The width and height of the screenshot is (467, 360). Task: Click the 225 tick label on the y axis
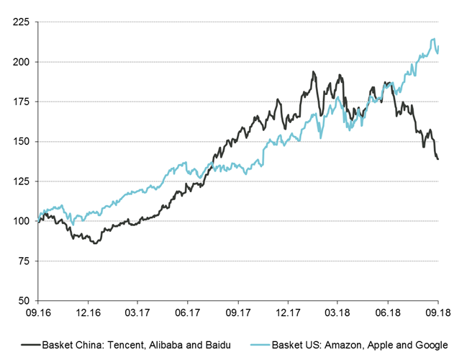click(x=22, y=22)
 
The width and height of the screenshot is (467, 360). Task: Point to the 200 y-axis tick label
click(x=22, y=62)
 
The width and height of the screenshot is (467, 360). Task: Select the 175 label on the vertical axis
click(x=22, y=102)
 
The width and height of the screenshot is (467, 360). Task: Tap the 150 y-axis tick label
click(x=22, y=141)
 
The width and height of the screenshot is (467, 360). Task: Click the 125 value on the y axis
click(x=22, y=181)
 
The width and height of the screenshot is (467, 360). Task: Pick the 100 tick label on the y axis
click(x=22, y=220)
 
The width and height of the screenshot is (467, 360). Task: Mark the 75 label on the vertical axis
click(x=24, y=260)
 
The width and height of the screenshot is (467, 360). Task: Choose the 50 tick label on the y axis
click(x=24, y=300)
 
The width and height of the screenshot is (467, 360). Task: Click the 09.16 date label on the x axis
click(x=37, y=312)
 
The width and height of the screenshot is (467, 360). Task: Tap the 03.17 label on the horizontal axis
click(x=137, y=312)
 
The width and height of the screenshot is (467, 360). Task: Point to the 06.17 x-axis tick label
click(x=187, y=312)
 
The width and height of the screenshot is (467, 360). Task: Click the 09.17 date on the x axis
click(x=237, y=312)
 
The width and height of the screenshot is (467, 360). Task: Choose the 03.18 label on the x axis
click(x=337, y=312)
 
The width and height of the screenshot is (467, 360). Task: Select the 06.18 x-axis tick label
click(x=387, y=312)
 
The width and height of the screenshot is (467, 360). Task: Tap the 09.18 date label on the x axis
click(x=437, y=312)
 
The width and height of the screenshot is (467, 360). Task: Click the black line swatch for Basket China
click(x=31, y=344)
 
